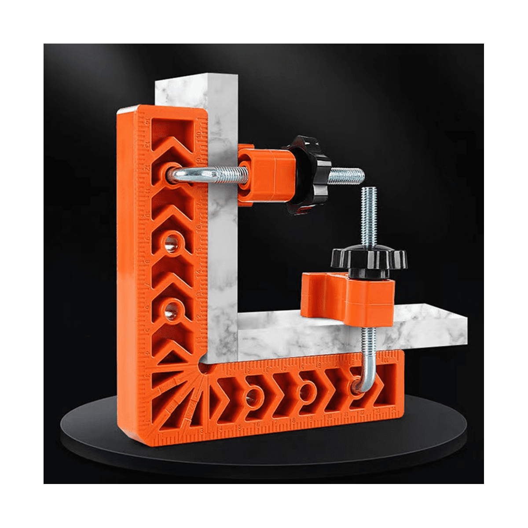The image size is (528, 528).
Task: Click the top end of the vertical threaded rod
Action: coord(367,190)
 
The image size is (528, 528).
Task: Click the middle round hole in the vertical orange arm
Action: coord(170,242)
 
